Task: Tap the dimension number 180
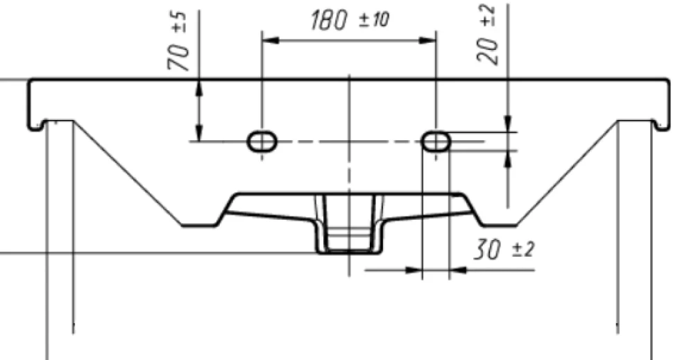(328, 21)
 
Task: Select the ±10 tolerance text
(374, 19)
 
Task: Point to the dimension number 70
(178, 57)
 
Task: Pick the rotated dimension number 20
(488, 51)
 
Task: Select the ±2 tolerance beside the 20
(488, 17)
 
